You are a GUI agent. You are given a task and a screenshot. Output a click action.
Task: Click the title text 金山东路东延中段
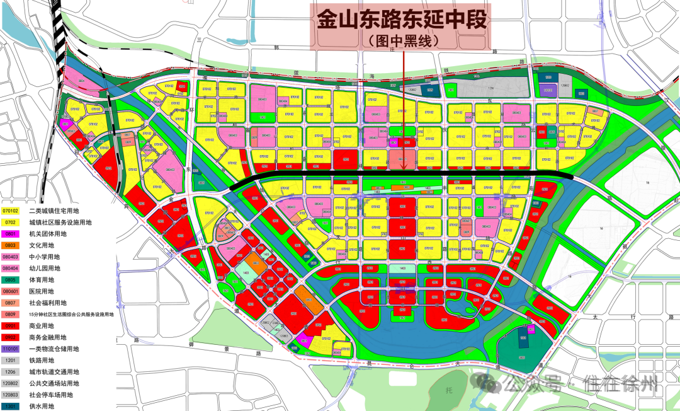[x=402, y=20]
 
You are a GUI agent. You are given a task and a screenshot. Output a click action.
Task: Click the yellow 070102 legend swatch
[x=10, y=211]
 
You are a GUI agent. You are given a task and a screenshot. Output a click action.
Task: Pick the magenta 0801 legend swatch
[x=10, y=234]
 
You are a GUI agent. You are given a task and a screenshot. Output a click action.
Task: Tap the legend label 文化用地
[x=42, y=245]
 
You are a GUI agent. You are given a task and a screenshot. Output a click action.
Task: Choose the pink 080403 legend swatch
[x=10, y=257]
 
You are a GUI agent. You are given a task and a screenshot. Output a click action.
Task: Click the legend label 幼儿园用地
[x=46, y=268]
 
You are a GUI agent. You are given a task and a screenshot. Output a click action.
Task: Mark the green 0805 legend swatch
[x=10, y=280]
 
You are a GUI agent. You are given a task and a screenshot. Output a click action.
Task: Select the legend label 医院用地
[x=42, y=291]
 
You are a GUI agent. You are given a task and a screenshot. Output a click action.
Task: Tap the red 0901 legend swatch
[x=10, y=325]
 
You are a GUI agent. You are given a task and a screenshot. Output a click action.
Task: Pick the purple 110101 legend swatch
[x=10, y=349]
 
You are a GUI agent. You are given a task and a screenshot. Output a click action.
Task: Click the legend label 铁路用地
[x=42, y=360]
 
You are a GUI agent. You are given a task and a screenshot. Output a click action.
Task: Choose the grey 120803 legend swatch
[x=10, y=395]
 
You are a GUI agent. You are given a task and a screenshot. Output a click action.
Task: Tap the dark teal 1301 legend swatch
[x=10, y=406]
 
